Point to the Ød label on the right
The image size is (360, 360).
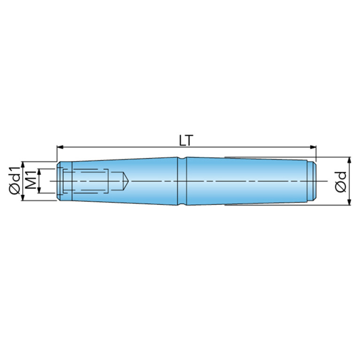click(x=340, y=181)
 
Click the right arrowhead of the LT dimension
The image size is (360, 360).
click(x=313, y=147)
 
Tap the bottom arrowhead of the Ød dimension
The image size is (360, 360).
click(x=349, y=202)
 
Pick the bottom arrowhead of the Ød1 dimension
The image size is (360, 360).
click(x=23, y=197)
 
